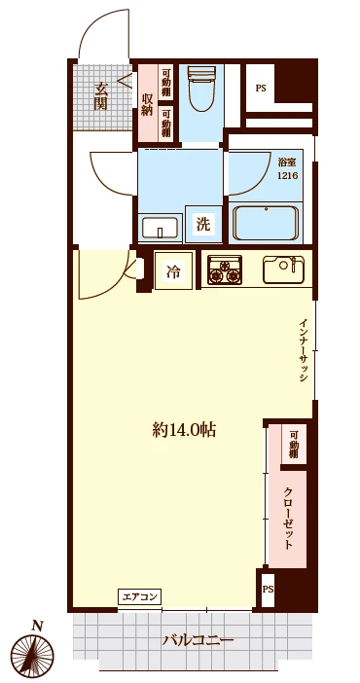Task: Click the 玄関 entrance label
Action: click(100, 95)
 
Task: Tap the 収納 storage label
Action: click(147, 104)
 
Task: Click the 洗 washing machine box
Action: click(202, 224)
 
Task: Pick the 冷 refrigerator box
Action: click(172, 271)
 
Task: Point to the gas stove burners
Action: click(224, 270)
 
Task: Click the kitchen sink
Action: click(284, 270)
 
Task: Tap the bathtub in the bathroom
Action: click(266, 223)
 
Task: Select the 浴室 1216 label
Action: click(288, 170)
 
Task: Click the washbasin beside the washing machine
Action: click(160, 227)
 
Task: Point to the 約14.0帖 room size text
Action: click(184, 430)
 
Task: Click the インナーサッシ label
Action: click(304, 351)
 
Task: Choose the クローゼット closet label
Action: click(288, 518)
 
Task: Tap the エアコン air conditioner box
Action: click(139, 595)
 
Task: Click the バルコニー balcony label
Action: click(198, 640)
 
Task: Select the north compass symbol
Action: click(32, 655)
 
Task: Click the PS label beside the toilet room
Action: click(261, 88)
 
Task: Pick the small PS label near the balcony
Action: click(268, 590)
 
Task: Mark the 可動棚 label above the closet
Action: click(293, 444)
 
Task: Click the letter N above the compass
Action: click(37, 627)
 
